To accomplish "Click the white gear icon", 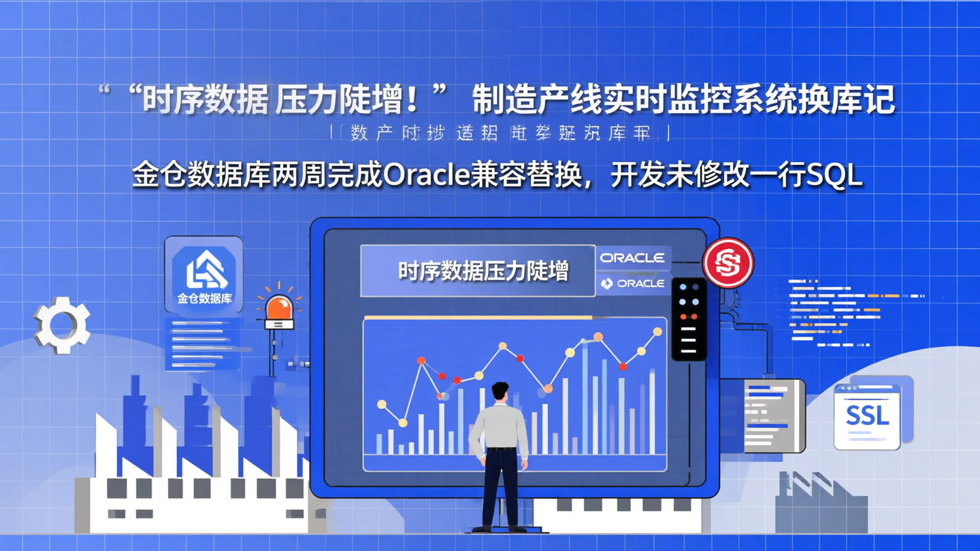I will click(62, 324).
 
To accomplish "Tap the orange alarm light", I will click(279, 310).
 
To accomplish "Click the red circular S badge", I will click(728, 263).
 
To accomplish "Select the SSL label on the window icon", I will click(867, 415).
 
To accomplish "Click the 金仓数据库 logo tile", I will click(204, 275).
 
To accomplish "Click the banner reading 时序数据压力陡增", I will click(478, 271).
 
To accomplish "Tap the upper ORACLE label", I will click(632, 258).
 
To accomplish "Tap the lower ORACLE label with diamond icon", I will click(632, 283).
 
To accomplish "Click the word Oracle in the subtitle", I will click(425, 176).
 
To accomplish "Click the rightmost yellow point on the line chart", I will click(657, 332).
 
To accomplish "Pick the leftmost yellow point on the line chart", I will click(382, 405).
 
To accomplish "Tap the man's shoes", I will click(500, 528).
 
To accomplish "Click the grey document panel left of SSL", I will click(774, 416).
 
